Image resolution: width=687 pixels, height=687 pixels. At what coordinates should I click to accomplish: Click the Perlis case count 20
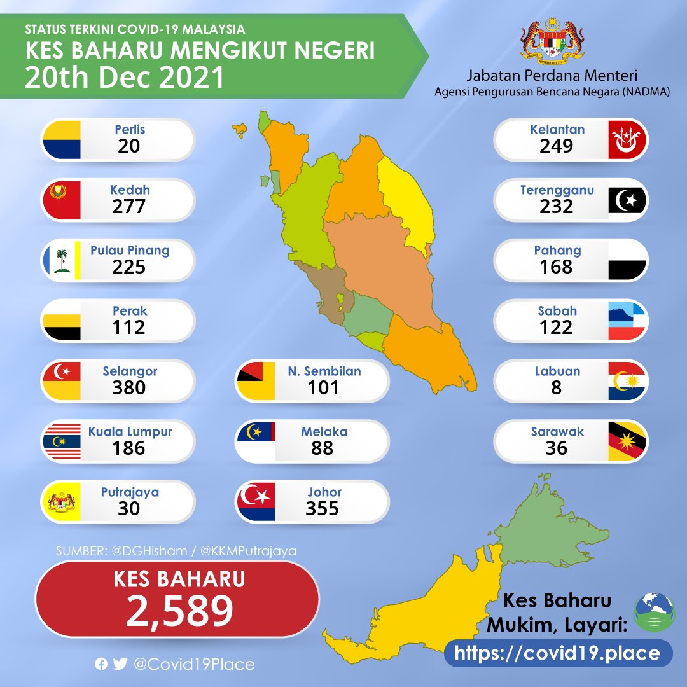click(x=130, y=146)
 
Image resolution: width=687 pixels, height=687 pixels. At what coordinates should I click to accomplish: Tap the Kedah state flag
click(x=62, y=200)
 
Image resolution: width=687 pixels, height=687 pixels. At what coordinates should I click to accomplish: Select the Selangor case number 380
click(x=129, y=387)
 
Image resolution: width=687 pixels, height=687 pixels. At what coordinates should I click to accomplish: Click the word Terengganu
click(x=556, y=190)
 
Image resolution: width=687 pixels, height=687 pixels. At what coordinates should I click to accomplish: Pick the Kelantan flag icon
click(x=628, y=139)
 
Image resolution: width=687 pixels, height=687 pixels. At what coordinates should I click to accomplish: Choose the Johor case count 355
click(x=323, y=508)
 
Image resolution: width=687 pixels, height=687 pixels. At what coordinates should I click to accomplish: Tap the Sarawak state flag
click(x=628, y=441)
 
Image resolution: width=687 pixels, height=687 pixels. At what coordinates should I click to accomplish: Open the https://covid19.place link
click(x=558, y=653)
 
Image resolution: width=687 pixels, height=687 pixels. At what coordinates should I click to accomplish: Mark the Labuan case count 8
click(x=557, y=387)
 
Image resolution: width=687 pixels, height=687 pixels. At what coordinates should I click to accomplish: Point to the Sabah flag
click(x=628, y=321)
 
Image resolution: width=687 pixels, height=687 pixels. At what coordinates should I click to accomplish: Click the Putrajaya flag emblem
click(x=62, y=502)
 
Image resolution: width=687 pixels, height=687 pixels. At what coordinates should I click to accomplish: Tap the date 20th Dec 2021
click(x=125, y=78)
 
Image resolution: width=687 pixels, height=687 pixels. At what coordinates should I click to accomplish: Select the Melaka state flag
click(x=255, y=441)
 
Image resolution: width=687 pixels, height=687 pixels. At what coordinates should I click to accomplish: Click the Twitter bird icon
click(x=120, y=664)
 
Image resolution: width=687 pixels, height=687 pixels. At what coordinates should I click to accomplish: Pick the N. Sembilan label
click(x=324, y=371)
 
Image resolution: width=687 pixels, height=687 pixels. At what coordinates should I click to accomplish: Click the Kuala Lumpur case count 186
click(x=129, y=448)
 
